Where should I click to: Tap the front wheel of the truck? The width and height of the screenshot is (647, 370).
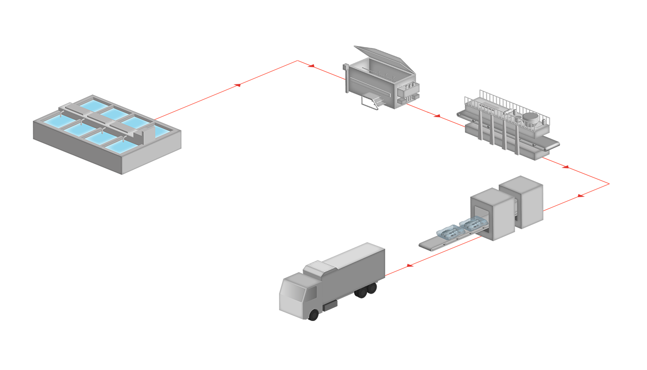(x=314, y=314)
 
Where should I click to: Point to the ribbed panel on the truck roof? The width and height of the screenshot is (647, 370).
(x=319, y=268)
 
